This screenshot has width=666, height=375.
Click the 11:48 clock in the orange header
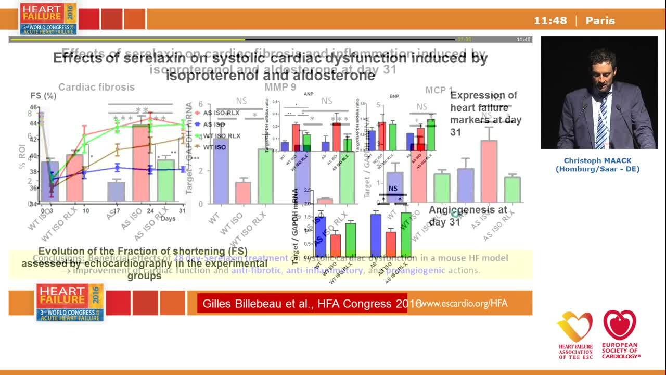click(x=550, y=21)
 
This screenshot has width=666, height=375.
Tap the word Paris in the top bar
click(x=600, y=21)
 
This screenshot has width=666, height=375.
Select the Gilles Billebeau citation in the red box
click(x=309, y=304)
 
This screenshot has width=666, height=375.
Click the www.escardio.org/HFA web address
click(x=464, y=303)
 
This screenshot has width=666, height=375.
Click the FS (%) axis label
click(x=43, y=96)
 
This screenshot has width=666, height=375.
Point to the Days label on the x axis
click(x=168, y=218)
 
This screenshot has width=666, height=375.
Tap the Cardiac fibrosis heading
click(x=96, y=87)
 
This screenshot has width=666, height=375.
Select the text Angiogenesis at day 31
click(x=467, y=216)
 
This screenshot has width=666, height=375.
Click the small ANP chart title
click(x=309, y=94)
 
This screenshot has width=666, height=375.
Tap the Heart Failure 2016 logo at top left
click(x=48, y=18)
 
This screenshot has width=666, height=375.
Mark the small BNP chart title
click(x=394, y=96)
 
